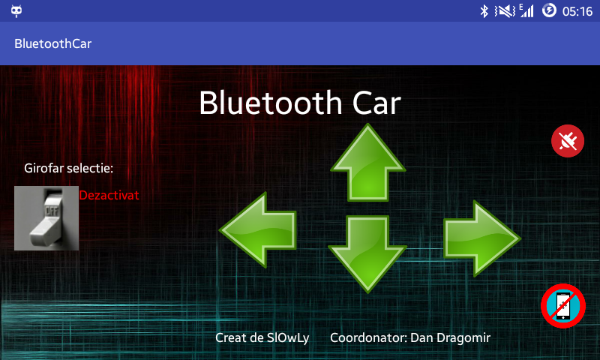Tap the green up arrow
coord(368,163)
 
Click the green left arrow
coord(258,230)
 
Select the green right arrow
coord(482,238)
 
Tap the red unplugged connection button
coord(568,141)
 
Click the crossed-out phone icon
coord(563,306)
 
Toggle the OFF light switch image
coord(46,218)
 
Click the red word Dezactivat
coord(109,195)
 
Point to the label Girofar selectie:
coord(68,168)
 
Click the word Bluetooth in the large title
coord(271,103)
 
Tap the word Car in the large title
coord(376,103)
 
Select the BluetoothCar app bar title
coord(52,43)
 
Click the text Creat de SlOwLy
coord(262,337)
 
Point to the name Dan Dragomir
coord(451,337)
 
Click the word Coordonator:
coord(368,337)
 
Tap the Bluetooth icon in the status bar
coord(484,11)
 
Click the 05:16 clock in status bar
coord(577,11)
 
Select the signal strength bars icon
coord(526,10)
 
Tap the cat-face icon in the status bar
coord(16,11)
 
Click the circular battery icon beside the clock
coord(549,10)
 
